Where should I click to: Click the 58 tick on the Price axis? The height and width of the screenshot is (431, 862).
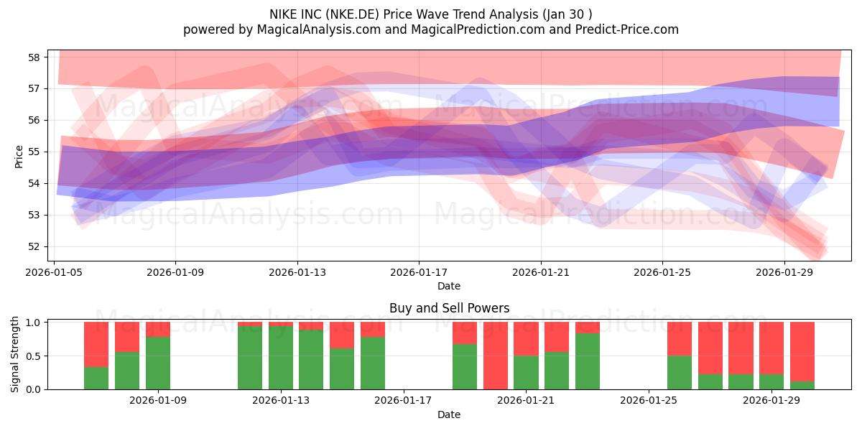pyautogui.click(x=34, y=57)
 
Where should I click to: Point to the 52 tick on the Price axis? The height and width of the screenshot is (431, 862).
pyautogui.click(x=34, y=246)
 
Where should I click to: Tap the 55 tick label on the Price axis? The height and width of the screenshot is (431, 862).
pyautogui.click(x=34, y=152)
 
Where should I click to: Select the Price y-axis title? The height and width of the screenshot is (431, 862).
pyautogui.click(x=19, y=157)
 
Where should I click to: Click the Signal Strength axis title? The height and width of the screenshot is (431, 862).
pyautogui.click(x=14, y=354)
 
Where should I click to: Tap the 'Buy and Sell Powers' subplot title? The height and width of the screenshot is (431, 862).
pyautogui.click(x=449, y=308)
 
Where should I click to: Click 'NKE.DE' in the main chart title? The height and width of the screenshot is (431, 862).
pyautogui.click(x=352, y=14)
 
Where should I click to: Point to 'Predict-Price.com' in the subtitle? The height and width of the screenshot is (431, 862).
pyautogui.click(x=627, y=29)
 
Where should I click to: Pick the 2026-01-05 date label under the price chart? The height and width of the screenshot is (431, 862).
pyautogui.click(x=54, y=272)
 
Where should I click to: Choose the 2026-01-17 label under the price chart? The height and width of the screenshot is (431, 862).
pyautogui.click(x=419, y=272)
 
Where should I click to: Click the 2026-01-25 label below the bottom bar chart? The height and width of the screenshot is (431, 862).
pyautogui.click(x=649, y=400)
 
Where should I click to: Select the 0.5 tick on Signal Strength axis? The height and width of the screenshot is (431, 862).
pyautogui.click(x=33, y=356)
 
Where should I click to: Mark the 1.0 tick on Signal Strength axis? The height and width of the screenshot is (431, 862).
pyautogui.click(x=33, y=323)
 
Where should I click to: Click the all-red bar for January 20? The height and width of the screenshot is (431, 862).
pyautogui.click(x=495, y=356)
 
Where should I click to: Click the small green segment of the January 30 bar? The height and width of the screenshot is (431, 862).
pyautogui.click(x=802, y=385)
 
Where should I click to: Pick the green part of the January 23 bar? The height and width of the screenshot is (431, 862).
pyautogui.click(x=588, y=361)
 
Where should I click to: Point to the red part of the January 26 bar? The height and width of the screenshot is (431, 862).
pyautogui.click(x=680, y=339)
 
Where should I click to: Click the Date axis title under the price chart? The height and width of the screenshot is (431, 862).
pyautogui.click(x=449, y=286)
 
